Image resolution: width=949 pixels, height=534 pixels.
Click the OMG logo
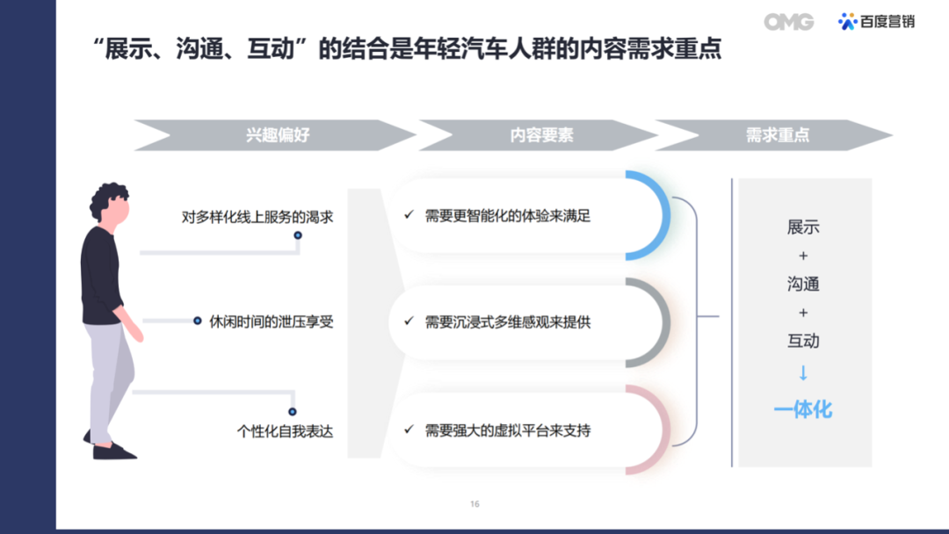coord(788,22)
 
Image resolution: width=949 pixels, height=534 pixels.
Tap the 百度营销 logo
coord(876,22)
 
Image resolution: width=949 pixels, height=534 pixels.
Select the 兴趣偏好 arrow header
coord(275,135)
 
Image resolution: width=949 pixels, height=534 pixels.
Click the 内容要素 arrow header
coord(538,135)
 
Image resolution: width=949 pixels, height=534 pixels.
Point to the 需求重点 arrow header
coord(774,135)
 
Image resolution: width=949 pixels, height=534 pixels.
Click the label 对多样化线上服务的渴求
coord(257,217)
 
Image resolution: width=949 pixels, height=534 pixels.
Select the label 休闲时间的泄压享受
coord(272,321)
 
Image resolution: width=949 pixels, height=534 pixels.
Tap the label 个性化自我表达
coord(285,431)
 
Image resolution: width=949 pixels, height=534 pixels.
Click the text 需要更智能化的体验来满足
coord(507,216)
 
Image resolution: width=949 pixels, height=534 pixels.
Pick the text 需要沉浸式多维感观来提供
coord(507,322)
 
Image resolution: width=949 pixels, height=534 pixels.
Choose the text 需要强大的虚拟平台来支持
coord(507,430)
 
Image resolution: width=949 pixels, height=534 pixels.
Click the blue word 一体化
coord(803,410)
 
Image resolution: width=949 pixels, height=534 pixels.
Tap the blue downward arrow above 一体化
coord(803,372)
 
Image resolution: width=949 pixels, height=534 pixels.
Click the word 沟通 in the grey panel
coord(803,284)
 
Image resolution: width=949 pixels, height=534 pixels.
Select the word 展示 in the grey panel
coord(803,227)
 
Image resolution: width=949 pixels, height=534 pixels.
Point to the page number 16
coord(474,504)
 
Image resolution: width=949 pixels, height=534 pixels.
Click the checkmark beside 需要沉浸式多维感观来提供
coord(409,321)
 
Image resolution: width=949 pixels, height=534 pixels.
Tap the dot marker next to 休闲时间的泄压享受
coord(198,321)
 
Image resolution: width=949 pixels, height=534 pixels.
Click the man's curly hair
coord(108,198)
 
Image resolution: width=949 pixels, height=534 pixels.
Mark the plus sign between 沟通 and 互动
coord(803,313)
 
